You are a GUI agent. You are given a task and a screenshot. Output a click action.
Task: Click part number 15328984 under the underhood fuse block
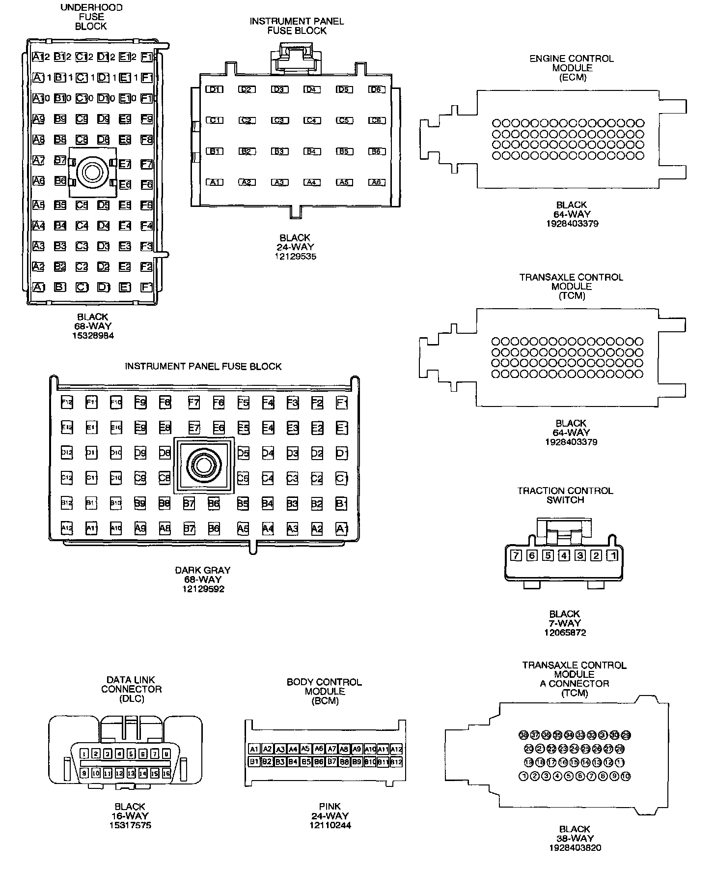tap(92, 335)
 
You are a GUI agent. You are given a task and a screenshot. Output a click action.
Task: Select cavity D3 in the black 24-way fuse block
tap(279, 89)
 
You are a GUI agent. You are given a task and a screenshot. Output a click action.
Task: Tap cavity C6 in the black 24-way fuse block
tap(376, 120)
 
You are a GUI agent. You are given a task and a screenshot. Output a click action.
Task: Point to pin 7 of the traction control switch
tap(516, 555)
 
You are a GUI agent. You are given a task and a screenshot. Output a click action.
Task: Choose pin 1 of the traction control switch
tap(612, 555)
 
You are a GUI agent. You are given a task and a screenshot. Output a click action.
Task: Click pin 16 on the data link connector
tap(166, 773)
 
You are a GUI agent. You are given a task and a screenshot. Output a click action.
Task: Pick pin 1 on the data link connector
tap(84, 754)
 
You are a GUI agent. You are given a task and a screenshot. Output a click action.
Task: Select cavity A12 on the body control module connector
tap(396, 749)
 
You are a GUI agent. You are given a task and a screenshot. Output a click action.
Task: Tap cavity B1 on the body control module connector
tap(254, 762)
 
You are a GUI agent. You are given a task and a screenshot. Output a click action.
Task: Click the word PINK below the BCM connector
tap(330, 807)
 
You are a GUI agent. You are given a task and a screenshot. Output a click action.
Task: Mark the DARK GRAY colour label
tap(203, 570)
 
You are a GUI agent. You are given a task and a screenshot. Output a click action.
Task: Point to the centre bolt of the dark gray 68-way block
tap(203, 464)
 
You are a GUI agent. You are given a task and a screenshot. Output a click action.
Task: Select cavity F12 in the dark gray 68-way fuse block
tap(67, 403)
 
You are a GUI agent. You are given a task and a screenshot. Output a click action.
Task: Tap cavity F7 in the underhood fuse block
tap(146, 164)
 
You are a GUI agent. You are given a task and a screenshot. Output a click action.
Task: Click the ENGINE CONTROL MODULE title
tap(572, 58)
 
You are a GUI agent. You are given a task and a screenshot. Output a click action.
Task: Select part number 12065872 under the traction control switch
tap(565, 633)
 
